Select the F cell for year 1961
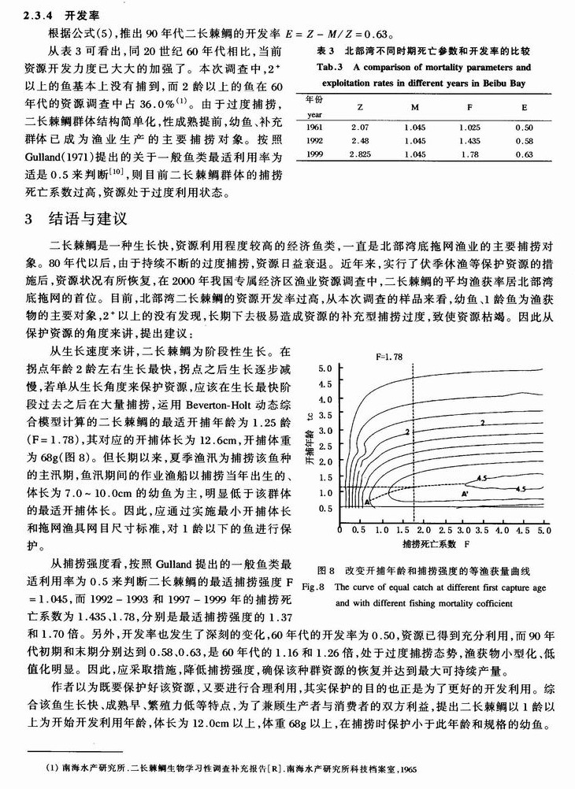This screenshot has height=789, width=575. (x=469, y=127)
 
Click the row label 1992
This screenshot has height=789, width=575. (x=313, y=141)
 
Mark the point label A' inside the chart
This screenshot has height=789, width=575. (x=466, y=492)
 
